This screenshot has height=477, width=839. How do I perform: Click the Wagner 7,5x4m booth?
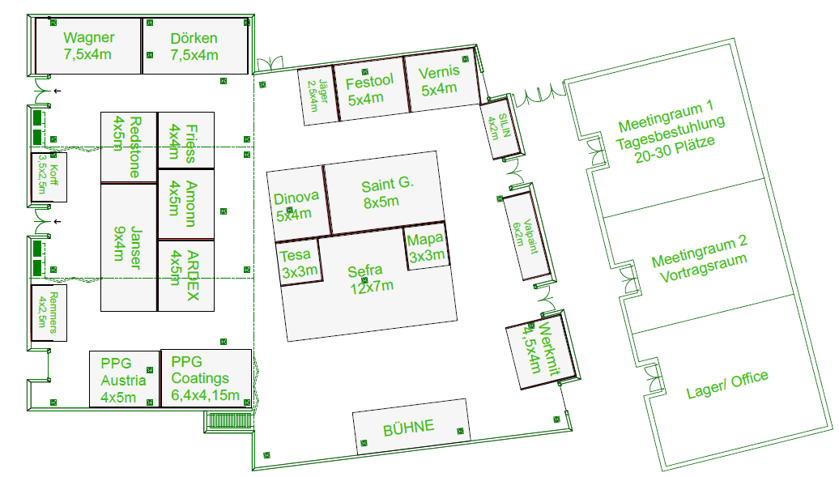pos(88,46)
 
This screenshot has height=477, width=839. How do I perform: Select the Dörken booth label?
pos(194,47)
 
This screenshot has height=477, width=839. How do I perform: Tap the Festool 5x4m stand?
pos(370,89)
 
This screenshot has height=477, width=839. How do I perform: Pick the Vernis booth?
pos(441,80)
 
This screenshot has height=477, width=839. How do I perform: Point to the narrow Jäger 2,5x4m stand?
pos(317,96)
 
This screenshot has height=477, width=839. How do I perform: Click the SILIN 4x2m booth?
pos(500,129)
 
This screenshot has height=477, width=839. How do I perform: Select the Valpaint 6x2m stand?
pos(526,236)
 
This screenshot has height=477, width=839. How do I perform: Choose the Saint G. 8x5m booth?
pos(384,193)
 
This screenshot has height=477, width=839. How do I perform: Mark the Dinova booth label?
pos(296,206)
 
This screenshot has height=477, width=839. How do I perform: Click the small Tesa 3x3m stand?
pos(299,263)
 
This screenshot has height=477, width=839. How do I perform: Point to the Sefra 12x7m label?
pos(369,279)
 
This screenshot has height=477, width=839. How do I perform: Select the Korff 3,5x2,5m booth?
pos(49,177)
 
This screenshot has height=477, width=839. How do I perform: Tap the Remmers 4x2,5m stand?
pos(49,313)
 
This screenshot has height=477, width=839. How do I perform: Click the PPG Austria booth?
pos(124,379)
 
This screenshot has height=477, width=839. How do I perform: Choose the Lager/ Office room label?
pos(727,385)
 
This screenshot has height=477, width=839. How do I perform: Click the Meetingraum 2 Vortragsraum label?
pos(700,259)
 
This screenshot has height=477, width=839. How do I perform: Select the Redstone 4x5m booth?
pos(129,147)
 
